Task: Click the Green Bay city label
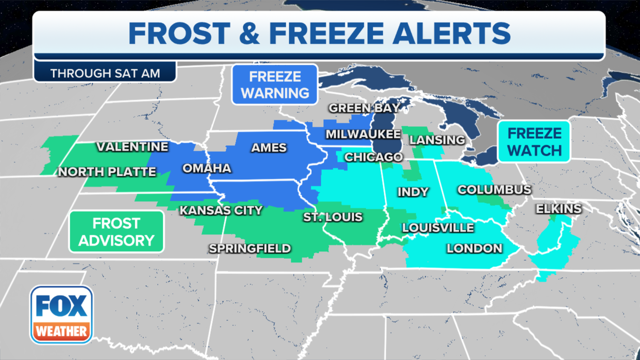pyautogui.click(x=364, y=108)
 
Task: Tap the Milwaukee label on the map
pyautogui.click(x=363, y=134)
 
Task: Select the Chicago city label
pyautogui.click(x=373, y=157)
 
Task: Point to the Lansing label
pyautogui.click(x=437, y=140)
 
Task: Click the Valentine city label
pyautogui.click(x=132, y=147)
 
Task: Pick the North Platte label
pyautogui.click(x=107, y=172)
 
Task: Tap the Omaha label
pyautogui.click(x=207, y=168)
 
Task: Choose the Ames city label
pyautogui.click(x=269, y=148)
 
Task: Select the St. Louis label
pyautogui.click(x=333, y=217)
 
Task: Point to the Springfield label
pyautogui.click(x=250, y=248)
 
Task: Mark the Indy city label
pyautogui.click(x=413, y=192)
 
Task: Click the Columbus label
pyautogui.click(x=494, y=190)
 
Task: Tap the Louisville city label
pyautogui.click(x=438, y=228)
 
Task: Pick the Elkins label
pyautogui.click(x=559, y=209)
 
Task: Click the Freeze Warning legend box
pyautogui.click(x=275, y=85)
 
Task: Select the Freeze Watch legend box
pyautogui.click(x=534, y=142)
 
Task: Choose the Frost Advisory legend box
pyautogui.click(x=116, y=232)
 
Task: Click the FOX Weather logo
pyautogui.click(x=61, y=315)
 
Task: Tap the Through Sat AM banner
pyautogui.click(x=105, y=73)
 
